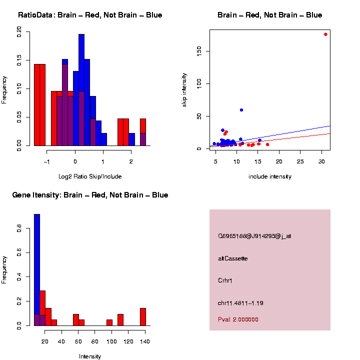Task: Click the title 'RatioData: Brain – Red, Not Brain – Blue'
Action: [90, 15]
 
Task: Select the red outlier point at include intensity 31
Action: [325, 34]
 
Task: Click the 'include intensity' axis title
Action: [270, 176]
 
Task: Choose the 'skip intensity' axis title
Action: [184, 89]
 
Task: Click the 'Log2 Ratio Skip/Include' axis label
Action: [90, 176]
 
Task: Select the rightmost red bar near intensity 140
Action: [143, 316]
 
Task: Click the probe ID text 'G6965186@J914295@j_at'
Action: [254, 236]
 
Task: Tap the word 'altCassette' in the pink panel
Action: [233, 258]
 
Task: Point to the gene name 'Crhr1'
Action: [225, 280]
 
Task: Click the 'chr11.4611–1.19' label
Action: [240, 303]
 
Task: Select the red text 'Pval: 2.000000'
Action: [238, 319]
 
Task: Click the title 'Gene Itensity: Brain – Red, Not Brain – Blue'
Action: [90, 195]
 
